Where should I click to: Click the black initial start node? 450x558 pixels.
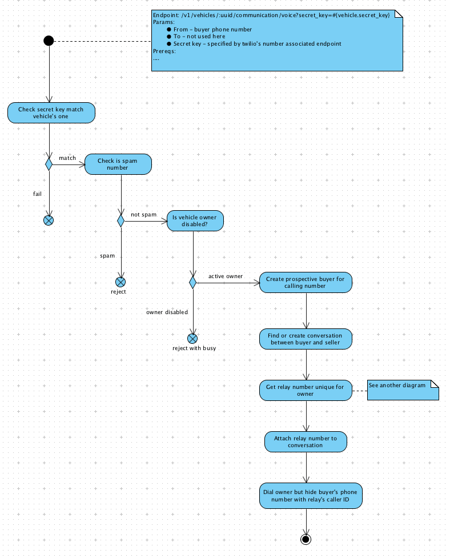click(x=49, y=41)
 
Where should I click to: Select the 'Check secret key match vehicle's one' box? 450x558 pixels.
click(x=51, y=113)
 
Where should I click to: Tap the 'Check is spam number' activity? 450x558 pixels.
click(x=118, y=164)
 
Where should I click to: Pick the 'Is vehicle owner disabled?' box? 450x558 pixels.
click(x=195, y=220)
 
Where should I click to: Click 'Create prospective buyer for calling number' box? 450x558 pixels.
click(x=306, y=283)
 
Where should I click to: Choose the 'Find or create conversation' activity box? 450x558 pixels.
click(x=306, y=339)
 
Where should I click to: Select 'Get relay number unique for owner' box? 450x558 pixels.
click(x=306, y=391)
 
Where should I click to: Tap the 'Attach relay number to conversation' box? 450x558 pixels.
click(x=306, y=441)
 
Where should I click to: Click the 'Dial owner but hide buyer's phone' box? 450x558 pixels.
click(x=311, y=496)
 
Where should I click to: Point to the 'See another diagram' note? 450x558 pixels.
click(x=403, y=390)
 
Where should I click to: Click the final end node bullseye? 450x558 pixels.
click(x=306, y=540)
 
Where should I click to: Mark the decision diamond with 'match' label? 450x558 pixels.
click(x=49, y=164)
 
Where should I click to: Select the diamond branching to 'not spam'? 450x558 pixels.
click(x=121, y=221)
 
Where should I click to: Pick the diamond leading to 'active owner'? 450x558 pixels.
click(x=193, y=283)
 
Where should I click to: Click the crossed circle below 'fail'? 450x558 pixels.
click(x=49, y=220)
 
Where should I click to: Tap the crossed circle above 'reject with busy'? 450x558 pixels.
click(x=192, y=339)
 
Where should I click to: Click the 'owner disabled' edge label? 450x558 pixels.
click(x=167, y=312)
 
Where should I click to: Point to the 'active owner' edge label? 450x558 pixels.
click(x=226, y=276)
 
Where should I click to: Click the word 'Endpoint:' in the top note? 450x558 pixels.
click(x=166, y=15)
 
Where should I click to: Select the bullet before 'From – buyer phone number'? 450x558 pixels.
click(x=169, y=30)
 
